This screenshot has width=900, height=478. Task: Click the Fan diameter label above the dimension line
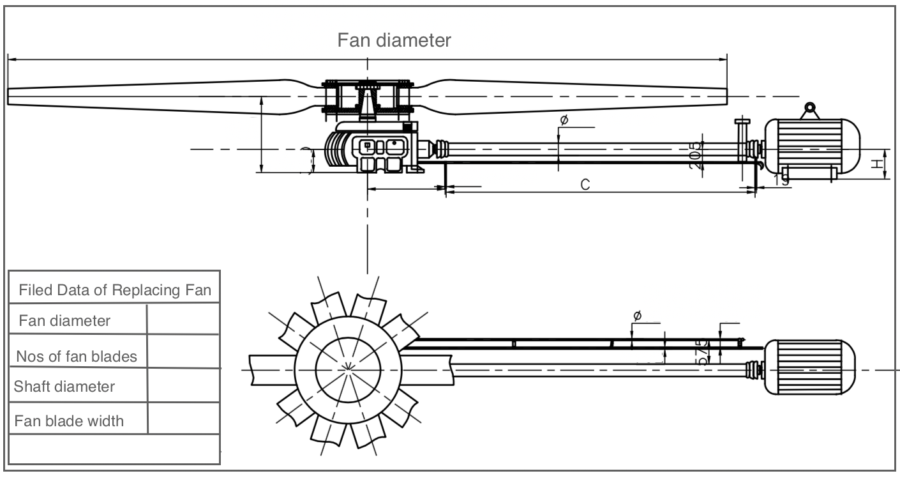click(x=394, y=40)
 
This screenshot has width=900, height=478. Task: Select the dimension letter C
click(x=585, y=185)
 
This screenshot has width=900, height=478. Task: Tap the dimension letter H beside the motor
click(x=879, y=164)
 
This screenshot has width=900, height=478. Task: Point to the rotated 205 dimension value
click(x=696, y=154)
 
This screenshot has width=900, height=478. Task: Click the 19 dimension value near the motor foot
click(x=781, y=181)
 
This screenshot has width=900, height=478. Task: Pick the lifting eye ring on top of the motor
click(x=810, y=109)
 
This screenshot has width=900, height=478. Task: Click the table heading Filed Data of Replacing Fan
click(x=115, y=290)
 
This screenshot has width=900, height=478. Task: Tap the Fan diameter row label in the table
click(x=64, y=320)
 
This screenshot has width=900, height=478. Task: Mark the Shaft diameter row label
click(x=64, y=387)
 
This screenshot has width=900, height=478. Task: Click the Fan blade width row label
click(x=69, y=421)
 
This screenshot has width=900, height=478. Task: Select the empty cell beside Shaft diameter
click(x=184, y=386)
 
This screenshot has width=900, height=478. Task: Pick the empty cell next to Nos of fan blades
click(x=184, y=352)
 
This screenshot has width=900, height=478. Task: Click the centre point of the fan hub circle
click(x=348, y=368)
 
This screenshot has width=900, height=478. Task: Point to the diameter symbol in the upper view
click(x=564, y=120)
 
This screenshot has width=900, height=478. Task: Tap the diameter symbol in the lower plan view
click(x=636, y=316)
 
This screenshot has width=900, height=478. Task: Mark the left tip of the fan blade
click(x=9, y=96)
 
